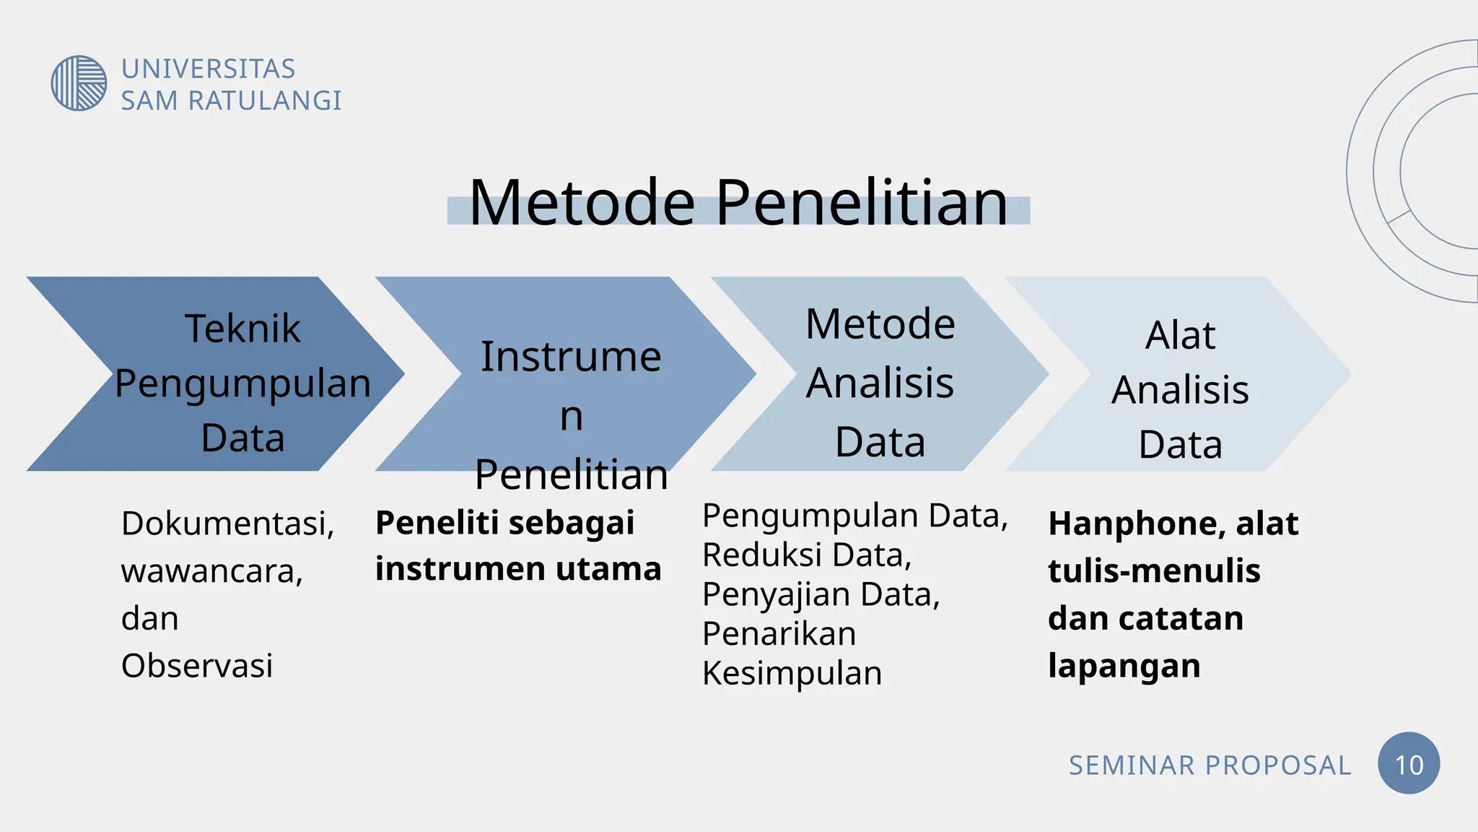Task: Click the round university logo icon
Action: point(79,83)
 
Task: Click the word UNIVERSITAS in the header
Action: point(208,69)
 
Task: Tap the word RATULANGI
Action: point(265,101)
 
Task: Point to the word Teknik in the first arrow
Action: point(242,329)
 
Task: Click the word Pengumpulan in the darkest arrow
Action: point(242,383)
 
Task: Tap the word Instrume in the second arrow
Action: point(571,357)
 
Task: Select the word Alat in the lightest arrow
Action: point(1180,335)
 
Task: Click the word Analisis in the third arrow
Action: point(880,383)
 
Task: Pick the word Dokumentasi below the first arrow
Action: point(227,524)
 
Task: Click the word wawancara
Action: point(211,571)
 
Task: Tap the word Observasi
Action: point(197,665)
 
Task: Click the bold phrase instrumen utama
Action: point(518,568)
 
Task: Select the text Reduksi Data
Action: point(807,555)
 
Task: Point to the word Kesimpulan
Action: point(792,673)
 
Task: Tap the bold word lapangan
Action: point(1124,665)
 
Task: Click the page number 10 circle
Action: point(1408,764)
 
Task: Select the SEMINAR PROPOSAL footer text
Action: point(1210,766)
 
